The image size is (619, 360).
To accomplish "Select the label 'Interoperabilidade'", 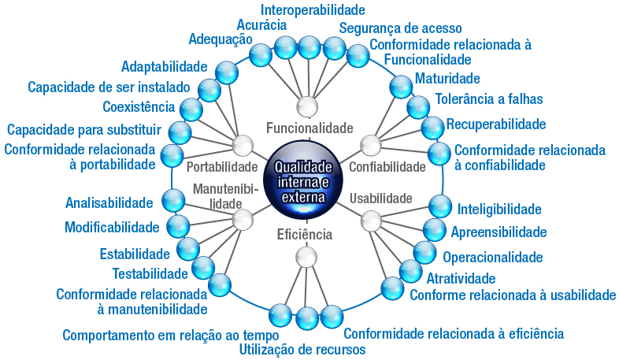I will (312, 10).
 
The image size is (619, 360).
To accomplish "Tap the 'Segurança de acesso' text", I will (401, 28).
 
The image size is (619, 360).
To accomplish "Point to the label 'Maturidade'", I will (447, 79).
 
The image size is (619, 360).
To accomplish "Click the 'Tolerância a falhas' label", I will (488, 99).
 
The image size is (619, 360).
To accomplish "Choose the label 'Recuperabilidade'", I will (496, 124).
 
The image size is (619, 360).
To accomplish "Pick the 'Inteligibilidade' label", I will (499, 210).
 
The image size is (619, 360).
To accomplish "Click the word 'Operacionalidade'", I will (492, 258).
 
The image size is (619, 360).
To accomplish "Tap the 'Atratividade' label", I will (461, 278).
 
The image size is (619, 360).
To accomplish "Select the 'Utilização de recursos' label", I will (302, 349).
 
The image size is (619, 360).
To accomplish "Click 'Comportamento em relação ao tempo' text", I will (160, 335).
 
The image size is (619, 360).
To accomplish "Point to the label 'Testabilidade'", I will (150, 273).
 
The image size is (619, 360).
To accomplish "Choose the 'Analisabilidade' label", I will (109, 203).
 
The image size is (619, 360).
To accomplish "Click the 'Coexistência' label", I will (139, 107).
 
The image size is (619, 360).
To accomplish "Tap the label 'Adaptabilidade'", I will (164, 67).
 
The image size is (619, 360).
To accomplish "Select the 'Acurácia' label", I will (261, 24).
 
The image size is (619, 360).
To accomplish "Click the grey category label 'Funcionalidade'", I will (309, 128).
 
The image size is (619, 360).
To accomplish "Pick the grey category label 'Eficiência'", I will (305, 234).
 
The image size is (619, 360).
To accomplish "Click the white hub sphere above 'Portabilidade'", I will (243, 145).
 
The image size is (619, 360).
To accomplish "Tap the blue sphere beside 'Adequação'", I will (261, 54).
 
